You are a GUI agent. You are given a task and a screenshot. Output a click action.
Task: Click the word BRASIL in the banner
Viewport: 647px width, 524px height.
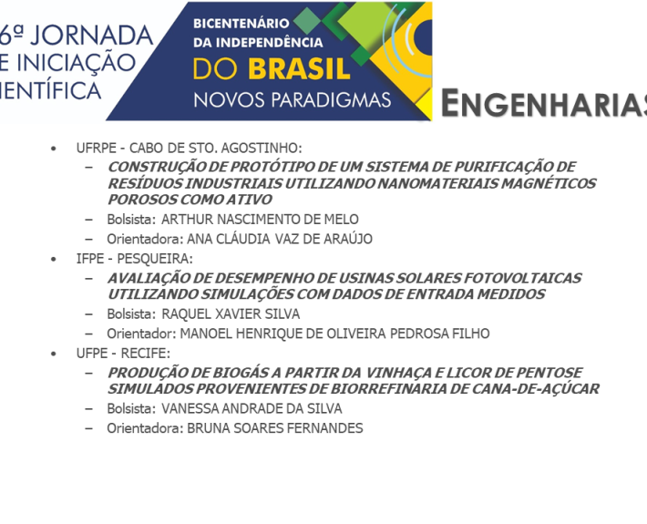(x=300, y=69)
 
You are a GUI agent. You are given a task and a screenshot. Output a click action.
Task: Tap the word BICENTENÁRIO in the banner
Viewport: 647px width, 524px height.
(x=241, y=24)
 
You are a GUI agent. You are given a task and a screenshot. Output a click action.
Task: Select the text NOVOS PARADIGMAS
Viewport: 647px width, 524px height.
(x=293, y=100)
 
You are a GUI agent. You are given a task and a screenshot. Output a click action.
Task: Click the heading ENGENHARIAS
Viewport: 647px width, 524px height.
(x=544, y=103)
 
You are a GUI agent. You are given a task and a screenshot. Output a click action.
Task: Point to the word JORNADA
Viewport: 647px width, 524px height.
(x=92, y=36)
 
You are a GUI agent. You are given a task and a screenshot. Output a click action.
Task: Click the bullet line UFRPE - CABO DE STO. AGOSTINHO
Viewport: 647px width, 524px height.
(x=189, y=148)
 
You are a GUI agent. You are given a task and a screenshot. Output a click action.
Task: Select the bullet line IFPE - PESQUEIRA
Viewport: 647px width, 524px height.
(x=135, y=259)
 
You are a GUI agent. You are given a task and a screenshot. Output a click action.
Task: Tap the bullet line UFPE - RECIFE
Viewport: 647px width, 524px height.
(x=123, y=354)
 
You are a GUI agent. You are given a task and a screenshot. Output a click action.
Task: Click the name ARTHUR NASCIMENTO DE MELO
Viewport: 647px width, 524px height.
(x=260, y=219)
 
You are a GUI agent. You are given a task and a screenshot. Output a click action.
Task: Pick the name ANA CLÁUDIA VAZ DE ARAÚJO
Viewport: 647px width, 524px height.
(x=280, y=239)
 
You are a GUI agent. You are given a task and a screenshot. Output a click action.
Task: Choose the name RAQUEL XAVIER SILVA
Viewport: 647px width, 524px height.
(x=231, y=314)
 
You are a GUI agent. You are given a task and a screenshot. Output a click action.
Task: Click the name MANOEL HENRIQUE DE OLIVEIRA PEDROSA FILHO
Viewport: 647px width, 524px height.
(x=335, y=334)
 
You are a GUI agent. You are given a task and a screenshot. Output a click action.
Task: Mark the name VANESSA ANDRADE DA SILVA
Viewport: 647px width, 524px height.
(x=252, y=408)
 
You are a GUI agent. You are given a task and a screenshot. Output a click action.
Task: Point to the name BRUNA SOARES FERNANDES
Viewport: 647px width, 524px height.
(x=275, y=428)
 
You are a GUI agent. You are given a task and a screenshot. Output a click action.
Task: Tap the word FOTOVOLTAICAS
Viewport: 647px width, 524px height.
(x=523, y=278)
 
